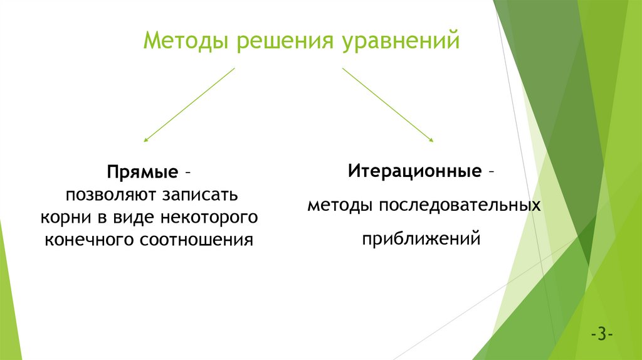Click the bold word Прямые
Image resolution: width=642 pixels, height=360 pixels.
click(142, 172)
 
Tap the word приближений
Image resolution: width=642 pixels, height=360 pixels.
click(421, 239)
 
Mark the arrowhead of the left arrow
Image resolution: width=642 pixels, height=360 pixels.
click(146, 139)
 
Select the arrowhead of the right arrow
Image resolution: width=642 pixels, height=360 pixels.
click(431, 139)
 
